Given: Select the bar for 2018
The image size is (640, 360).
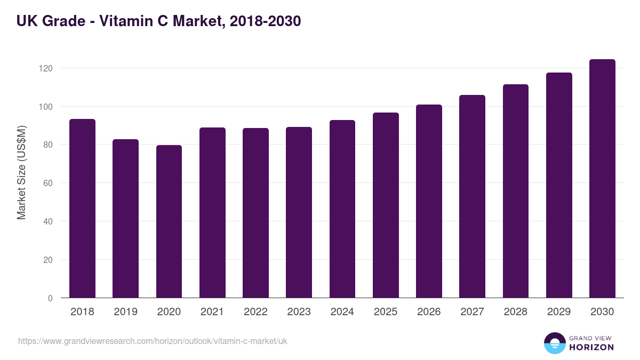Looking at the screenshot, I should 82,209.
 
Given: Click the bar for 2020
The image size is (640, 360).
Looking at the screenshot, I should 169,221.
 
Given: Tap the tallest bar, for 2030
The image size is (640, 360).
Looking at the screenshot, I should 602,179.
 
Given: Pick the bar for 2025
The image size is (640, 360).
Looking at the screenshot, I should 386,205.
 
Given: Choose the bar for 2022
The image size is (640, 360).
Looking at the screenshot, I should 255,213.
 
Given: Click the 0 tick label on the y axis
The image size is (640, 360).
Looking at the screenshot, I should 50,298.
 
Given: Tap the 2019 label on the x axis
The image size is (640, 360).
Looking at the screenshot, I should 125,312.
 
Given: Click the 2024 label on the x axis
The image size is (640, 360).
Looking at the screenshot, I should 342,312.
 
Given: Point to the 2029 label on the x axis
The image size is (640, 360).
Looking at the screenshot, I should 559,312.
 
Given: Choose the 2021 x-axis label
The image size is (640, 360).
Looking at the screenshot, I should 212,312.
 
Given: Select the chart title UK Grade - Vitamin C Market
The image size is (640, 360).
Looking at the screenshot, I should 159,21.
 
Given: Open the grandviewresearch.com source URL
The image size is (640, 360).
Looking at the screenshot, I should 153,341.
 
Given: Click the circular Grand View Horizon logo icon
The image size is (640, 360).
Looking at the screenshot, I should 555,343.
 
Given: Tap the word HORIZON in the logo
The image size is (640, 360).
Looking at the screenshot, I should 591,347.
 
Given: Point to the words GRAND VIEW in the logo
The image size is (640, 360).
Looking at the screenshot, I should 591,338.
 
